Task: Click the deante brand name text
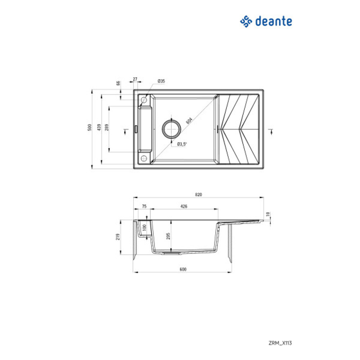[274, 22]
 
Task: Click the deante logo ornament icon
[246, 22]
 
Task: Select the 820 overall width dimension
[198, 194]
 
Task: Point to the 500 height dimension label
[89, 128]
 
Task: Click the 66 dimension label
[118, 83]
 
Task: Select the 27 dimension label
[135, 78]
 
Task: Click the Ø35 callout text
[161, 81]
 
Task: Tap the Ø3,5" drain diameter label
[182, 144]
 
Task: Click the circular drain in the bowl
[171, 128]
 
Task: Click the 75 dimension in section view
[144, 206]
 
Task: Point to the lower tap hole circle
[144, 158]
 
